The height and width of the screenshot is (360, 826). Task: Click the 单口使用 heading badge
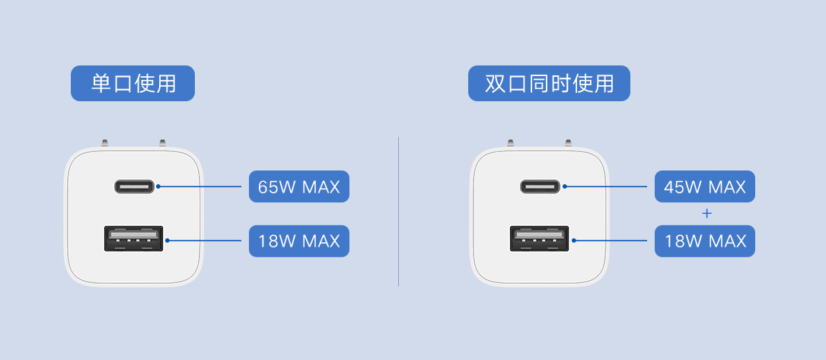pyautogui.click(x=132, y=83)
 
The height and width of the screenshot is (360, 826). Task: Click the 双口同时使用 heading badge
pyautogui.click(x=549, y=83)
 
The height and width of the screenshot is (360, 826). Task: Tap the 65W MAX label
pyautogui.click(x=298, y=186)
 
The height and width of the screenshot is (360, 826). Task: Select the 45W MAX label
pyautogui.click(x=705, y=186)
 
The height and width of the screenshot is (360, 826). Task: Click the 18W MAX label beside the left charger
pyautogui.click(x=298, y=241)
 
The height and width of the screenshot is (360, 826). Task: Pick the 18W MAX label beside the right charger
pyautogui.click(x=705, y=241)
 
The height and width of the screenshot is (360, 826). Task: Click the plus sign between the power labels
pyautogui.click(x=707, y=214)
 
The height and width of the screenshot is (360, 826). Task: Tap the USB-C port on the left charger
pyautogui.click(x=134, y=186)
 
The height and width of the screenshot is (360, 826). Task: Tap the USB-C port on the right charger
pyautogui.click(x=540, y=186)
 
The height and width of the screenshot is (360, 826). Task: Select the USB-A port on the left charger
pyautogui.click(x=134, y=238)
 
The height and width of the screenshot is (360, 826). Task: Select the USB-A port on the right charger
pyautogui.click(x=540, y=238)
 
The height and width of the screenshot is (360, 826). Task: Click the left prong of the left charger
pyautogui.click(x=105, y=143)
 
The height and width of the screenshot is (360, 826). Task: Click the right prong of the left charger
pyautogui.click(x=162, y=143)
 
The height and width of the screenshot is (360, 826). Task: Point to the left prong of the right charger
pyautogui.click(x=511, y=143)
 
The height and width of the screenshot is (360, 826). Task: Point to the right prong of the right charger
pyautogui.click(x=568, y=143)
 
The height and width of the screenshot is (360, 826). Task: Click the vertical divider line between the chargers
pyautogui.click(x=398, y=212)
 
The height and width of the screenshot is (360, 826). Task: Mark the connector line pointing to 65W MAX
pyautogui.click(x=199, y=186)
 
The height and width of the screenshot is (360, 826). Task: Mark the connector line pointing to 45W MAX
pyautogui.click(x=604, y=186)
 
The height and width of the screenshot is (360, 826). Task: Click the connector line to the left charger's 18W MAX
pyautogui.click(x=203, y=241)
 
